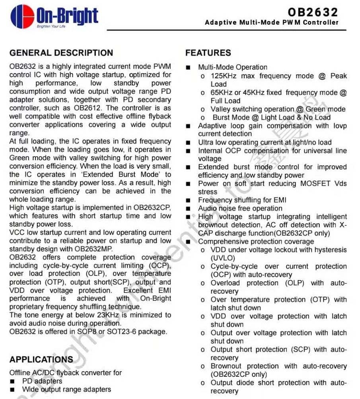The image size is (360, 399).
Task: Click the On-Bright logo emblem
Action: [x=22, y=17]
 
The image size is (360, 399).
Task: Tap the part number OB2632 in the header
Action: [x=313, y=12]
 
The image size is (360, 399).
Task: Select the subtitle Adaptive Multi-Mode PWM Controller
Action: [x=272, y=23]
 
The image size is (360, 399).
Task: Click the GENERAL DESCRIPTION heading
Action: [x=61, y=53]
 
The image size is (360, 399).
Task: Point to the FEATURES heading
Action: [x=208, y=53]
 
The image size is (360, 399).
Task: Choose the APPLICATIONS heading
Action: [x=41, y=360]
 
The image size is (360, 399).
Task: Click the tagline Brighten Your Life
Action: [x=51, y=27]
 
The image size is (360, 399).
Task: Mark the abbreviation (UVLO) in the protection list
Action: [x=223, y=258]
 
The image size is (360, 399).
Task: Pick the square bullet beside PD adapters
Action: [x=13, y=381]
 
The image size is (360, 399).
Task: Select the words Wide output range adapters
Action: [x=66, y=389]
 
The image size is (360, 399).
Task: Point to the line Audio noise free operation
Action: [x=240, y=209]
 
